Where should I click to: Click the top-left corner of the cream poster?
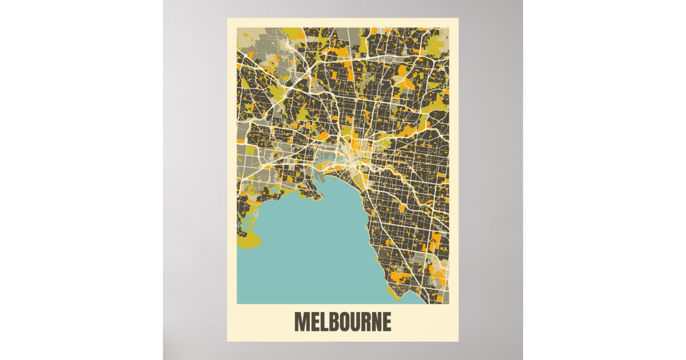[x=228, y=18]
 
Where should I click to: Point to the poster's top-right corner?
[x=458, y=18]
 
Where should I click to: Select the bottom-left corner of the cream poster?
[x=228, y=341]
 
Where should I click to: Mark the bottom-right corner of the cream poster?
[x=458, y=341]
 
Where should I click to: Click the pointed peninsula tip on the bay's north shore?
[x=322, y=198]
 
